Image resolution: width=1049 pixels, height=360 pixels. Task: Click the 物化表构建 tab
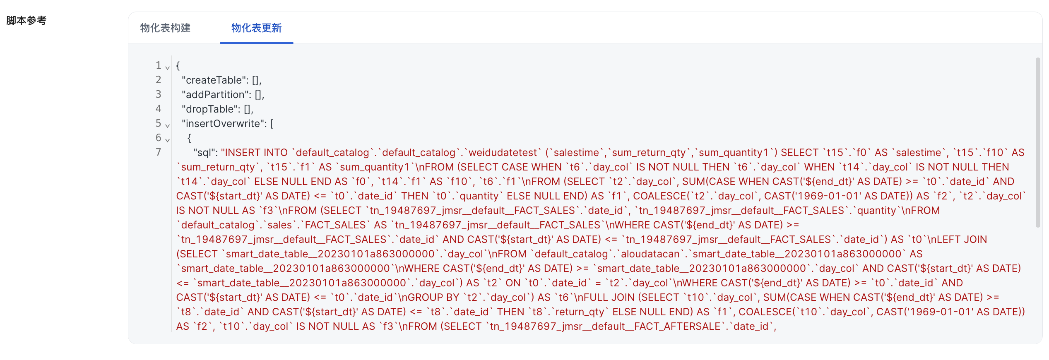click(x=165, y=28)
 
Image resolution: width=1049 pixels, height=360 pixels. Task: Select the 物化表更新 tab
click(x=256, y=28)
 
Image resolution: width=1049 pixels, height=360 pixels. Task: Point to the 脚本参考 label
click(x=26, y=20)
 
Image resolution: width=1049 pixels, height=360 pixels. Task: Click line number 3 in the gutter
click(x=158, y=94)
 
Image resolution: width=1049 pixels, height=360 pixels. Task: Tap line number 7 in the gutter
click(x=158, y=152)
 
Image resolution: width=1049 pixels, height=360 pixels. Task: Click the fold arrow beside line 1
click(x=168, y=67)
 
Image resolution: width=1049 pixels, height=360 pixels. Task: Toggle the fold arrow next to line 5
click(x=168, y=125)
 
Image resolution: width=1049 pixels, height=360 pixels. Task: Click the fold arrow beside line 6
click(x=168, y=140)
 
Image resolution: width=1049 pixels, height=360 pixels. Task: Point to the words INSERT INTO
click(x=254, y=152)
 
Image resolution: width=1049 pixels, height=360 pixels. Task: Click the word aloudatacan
click(x=650, y=254)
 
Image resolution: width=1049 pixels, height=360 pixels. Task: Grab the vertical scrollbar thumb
click(x=1038, y=143)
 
